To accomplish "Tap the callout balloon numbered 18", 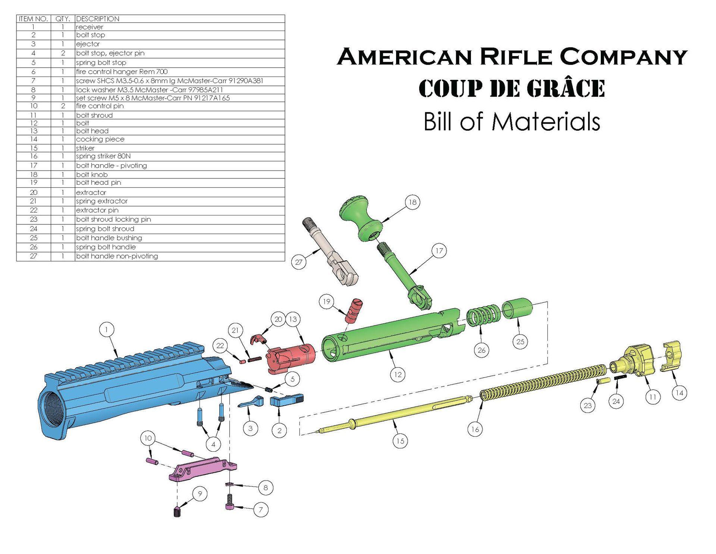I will point(412,202).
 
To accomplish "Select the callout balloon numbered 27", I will point(298,262).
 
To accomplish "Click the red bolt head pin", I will point(353,310).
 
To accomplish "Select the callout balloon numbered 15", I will point(400,441).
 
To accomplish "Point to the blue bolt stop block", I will point(286,401).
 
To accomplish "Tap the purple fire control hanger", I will point(201,469).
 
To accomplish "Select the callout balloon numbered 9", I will point(200,494).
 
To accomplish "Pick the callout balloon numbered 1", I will point(107,330).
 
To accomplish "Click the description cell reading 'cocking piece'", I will point(100,139).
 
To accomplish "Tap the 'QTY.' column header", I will point(63,19).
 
